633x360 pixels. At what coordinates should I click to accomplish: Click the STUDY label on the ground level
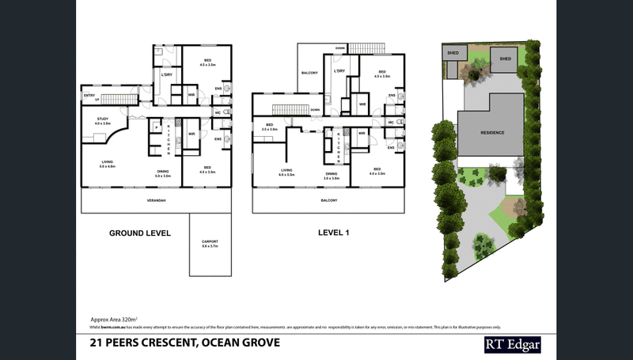[x=102, y=120]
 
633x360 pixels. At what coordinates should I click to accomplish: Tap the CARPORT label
[x=210, y=241]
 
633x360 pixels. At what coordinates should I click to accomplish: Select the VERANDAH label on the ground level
[x=156, y=201]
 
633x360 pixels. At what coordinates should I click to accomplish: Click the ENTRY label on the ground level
[x=89, y=95]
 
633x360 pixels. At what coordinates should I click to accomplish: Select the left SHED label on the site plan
[x=453, y=54]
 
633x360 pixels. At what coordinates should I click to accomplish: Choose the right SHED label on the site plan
[x=504, y=58]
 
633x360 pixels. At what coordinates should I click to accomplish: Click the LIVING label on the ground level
[x=108, y=164]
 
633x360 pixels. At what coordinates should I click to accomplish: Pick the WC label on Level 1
[x=391, y=122]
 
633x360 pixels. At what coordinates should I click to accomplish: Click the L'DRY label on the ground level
[x=167, y=74]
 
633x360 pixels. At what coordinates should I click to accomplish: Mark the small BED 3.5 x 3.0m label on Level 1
[x=270, y=126]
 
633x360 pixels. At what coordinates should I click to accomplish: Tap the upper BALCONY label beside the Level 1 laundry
[x=309, y=73]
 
